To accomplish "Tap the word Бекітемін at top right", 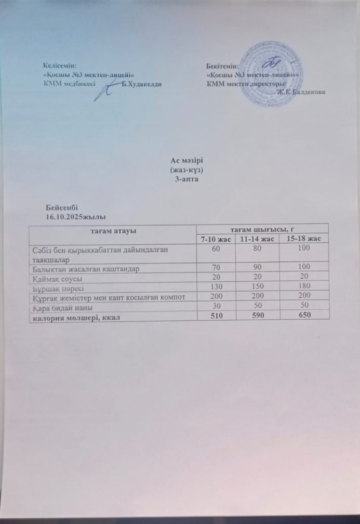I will pos(222,67).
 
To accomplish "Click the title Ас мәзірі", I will pos(185,162).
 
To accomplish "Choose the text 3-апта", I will pos(185,178).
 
